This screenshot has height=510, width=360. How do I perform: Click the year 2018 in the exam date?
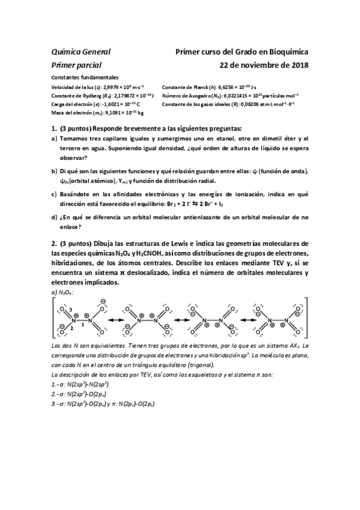coord(297,64)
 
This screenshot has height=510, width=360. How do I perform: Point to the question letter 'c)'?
coord(54,195)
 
